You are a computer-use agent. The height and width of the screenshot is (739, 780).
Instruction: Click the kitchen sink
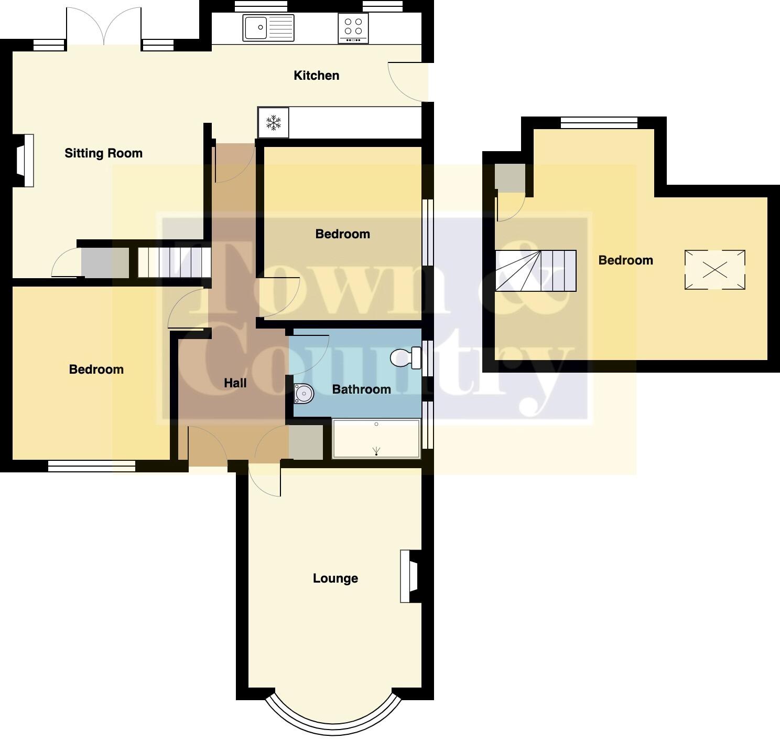point(268,28)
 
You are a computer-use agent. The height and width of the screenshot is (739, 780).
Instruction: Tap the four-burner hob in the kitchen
point(353,28)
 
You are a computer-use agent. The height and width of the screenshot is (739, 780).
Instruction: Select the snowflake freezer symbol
point(273,123)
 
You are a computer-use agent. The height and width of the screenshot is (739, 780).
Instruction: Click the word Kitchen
point(316,76)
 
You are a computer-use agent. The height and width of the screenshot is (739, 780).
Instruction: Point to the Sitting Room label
point(103,153)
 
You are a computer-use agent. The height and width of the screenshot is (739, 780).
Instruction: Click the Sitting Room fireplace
point(24,161)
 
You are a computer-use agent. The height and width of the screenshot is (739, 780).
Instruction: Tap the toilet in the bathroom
point(405,358)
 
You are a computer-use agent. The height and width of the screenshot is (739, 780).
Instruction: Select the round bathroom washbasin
point(304,394)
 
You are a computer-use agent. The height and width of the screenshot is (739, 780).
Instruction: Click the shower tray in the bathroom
point(376,438)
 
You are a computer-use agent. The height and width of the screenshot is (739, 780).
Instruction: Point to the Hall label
point(235,383)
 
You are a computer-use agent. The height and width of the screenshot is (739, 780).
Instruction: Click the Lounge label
point(335,578)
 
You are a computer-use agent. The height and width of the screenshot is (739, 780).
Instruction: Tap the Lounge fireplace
point(410,576)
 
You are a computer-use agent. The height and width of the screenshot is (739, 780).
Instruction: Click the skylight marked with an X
point(715,270)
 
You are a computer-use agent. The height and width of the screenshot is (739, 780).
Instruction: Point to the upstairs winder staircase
point(535,271)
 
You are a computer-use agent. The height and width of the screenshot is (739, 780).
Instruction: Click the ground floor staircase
point(174,262)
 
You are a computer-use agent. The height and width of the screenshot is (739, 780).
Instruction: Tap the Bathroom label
point(362,389)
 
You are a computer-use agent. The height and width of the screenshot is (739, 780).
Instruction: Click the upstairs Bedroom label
point(625,260)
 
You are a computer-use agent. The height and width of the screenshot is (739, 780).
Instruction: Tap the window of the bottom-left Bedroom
point(92,466)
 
